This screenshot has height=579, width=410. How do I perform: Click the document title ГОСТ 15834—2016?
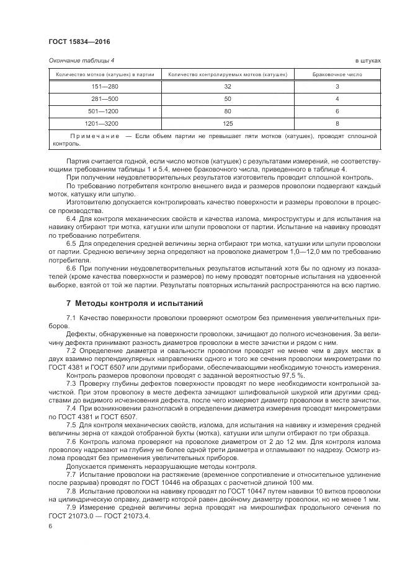(x=75, y=41)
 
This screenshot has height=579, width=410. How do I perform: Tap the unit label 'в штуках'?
(x=368, y=61)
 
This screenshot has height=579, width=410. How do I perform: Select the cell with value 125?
(x=228, y=123)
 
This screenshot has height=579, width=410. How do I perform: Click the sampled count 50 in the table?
(x=228, y=98)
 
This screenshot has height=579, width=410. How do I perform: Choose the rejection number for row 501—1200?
(x=337, y=111)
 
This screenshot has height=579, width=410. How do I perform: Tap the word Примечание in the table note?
(x=95, y=135)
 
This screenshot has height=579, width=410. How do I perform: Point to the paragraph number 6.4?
(x=71, y=219)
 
